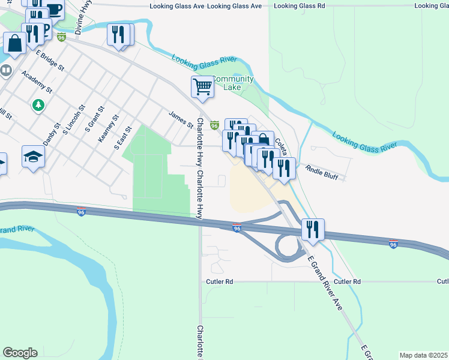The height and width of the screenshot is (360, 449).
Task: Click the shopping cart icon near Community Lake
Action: [x=203, y=87]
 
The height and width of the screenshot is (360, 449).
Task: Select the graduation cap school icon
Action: [x=34, y=157]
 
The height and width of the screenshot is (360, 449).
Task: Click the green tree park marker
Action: [x=38, y=105]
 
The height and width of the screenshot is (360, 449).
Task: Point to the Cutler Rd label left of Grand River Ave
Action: [x=220, y=281]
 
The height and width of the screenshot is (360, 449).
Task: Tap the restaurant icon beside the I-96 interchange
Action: [x=313, y=229]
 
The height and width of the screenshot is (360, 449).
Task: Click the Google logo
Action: [x=20, y=353]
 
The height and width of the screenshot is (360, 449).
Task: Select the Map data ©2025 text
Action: [x=424, y=355]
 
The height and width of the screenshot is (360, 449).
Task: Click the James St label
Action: [x=181, y=119]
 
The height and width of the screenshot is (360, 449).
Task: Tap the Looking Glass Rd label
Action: [x=299, y=5]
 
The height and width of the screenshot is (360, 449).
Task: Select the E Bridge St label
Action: [x=50, y=61]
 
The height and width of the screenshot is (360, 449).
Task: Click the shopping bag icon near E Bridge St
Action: [x=14, y=43]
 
